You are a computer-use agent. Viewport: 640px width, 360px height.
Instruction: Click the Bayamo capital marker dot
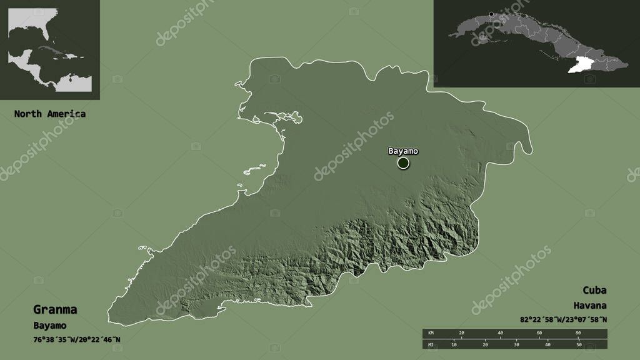coord(403,163)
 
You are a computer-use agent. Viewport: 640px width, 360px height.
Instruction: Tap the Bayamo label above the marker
coord(403,151)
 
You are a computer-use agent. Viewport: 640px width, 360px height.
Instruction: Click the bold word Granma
coord(56,309)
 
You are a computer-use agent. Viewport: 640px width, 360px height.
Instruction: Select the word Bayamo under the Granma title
coord(50,326)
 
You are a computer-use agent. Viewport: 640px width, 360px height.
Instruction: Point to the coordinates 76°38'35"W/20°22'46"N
coord(77,339)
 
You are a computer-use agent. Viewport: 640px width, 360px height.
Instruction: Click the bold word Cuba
coord(594,291)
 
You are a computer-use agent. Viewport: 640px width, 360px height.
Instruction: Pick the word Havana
coord(591,306)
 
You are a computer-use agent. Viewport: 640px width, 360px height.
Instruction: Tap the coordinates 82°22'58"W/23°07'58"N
coord(563,319)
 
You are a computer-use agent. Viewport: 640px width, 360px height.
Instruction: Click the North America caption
coord(50,114)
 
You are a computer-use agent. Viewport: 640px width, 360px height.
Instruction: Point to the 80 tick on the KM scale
coord(577,332)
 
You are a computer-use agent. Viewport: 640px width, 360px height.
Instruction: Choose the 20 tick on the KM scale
coord(462,332)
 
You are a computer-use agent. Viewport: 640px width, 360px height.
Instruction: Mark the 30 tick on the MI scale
coord(516,344)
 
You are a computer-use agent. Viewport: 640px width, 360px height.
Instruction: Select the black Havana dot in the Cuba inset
coord(492,14)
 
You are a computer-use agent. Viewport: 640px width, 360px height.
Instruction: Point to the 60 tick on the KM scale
coord(539,332)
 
